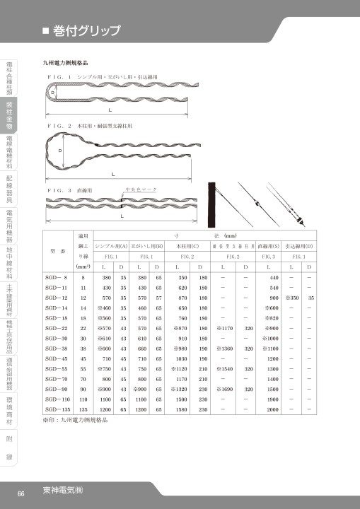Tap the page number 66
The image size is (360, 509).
coord(21,493)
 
